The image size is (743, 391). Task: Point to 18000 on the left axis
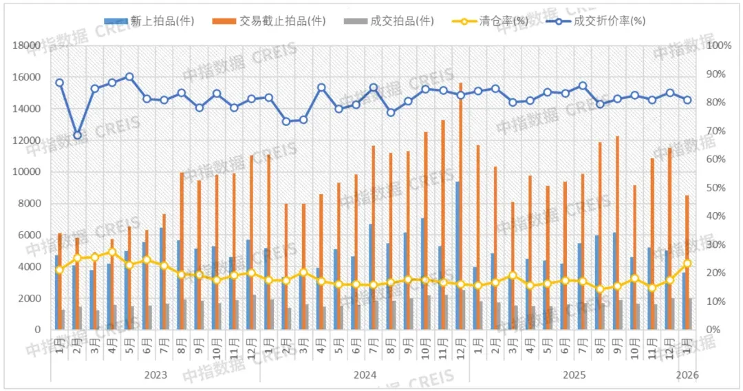tap(28, 45)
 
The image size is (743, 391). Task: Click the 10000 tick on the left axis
tap(28, 172)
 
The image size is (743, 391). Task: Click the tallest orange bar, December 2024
tap(460, 207)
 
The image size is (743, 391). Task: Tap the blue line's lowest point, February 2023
tap(77, 135)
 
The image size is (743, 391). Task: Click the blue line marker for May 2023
tap(129, 77)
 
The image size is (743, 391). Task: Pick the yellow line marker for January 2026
tap(687, 264)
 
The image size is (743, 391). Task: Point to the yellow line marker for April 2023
tap(112, 252)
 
